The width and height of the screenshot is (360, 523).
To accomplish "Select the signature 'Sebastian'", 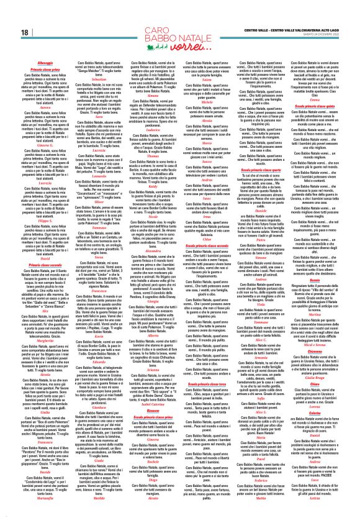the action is tap(103, 89).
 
